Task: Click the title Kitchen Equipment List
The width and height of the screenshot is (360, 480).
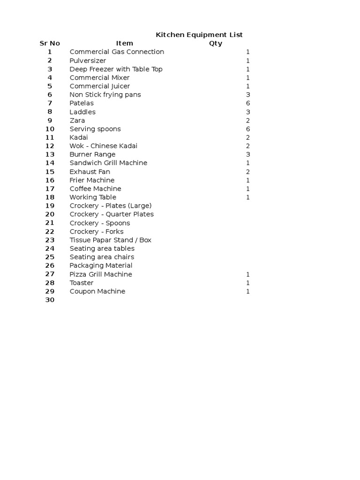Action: pyautogui.click(x=199, y=35)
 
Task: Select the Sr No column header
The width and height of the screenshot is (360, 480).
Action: pyautogui.click(x=50, y=44)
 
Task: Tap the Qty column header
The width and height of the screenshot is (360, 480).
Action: pyautogui.click(x=216, y=44)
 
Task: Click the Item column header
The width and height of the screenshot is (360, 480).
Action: pyautogui.click(x=125, y=44)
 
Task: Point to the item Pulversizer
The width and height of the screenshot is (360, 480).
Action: pyautogui.click(x=88, y=60)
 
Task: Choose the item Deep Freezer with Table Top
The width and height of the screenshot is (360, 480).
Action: pyautogui.click(x=116, y=69)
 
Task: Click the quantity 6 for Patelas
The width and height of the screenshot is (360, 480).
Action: pyautogui.click(x=248, y=103)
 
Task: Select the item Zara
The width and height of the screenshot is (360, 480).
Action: pyautogui.click(x=77, y=120)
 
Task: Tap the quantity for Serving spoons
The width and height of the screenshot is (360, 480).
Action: pyautogui.click(x=248, y=129)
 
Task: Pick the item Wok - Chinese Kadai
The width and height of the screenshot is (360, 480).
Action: pyautogui.click(x=104, y=146)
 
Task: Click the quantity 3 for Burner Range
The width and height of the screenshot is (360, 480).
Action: pyautogui.click(x=248, y=154)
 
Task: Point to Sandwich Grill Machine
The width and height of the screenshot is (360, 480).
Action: pyautogui.click(x=108, y=163)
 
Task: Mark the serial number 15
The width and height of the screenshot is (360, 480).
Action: pyautogui.click(x=50, y=172)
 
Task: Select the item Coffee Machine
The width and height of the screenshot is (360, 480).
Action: pyautogui.click(x=95, y=188)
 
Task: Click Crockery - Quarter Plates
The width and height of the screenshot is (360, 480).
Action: pyautogui.click(x=112, y=214)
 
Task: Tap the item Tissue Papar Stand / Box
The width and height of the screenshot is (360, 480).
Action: pyautogui.click(x=111, y=240)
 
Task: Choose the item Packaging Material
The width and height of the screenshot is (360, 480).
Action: pyautogui.click(x=101, y=265)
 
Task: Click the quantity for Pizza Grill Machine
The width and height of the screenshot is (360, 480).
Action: pyautogui.click(x=248, y=274)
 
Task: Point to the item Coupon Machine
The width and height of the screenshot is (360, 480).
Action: pyautogui.click(x=97, y=291)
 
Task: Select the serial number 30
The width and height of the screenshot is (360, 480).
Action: pyautogui.click(x=50, y=300)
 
